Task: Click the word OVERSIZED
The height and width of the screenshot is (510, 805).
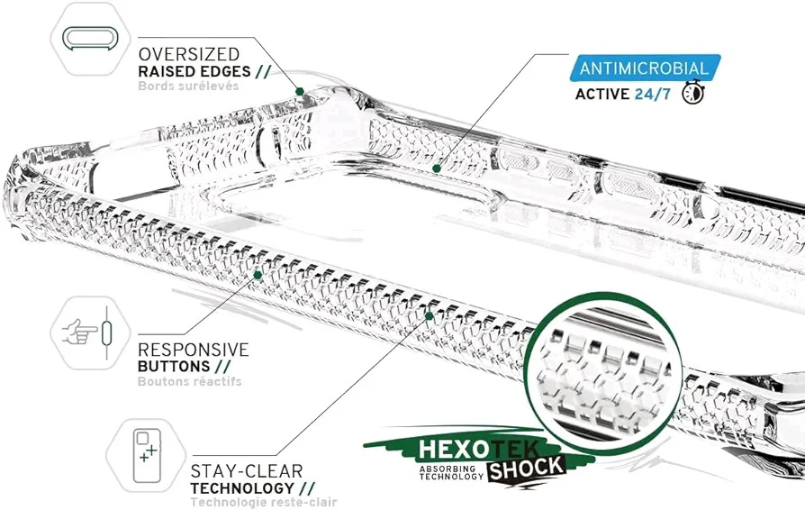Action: [x=188, y=53]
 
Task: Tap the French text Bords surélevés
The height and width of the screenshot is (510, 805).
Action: [x=188, y=87]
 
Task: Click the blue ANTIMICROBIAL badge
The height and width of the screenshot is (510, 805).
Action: [x=643, y=68]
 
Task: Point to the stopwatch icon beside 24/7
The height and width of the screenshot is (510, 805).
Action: [x=692, y=94]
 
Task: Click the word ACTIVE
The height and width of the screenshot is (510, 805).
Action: [x=603, y=94]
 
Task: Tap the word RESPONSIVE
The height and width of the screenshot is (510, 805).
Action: [x=193, y=349]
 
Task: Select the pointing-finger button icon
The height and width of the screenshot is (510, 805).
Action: [x=87, y=332]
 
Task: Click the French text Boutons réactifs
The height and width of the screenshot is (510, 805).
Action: [x=189, y=381]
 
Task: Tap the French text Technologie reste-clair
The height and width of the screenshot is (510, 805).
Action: [x=263, y=502]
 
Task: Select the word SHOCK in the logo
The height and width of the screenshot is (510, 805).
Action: [x=527, y=467]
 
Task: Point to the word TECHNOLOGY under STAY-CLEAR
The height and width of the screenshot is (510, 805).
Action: [x=238, y=487]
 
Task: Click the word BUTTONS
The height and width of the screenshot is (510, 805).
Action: [x=173, y=367]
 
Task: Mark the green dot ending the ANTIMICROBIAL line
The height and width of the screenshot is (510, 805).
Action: [x=436, y=168]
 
